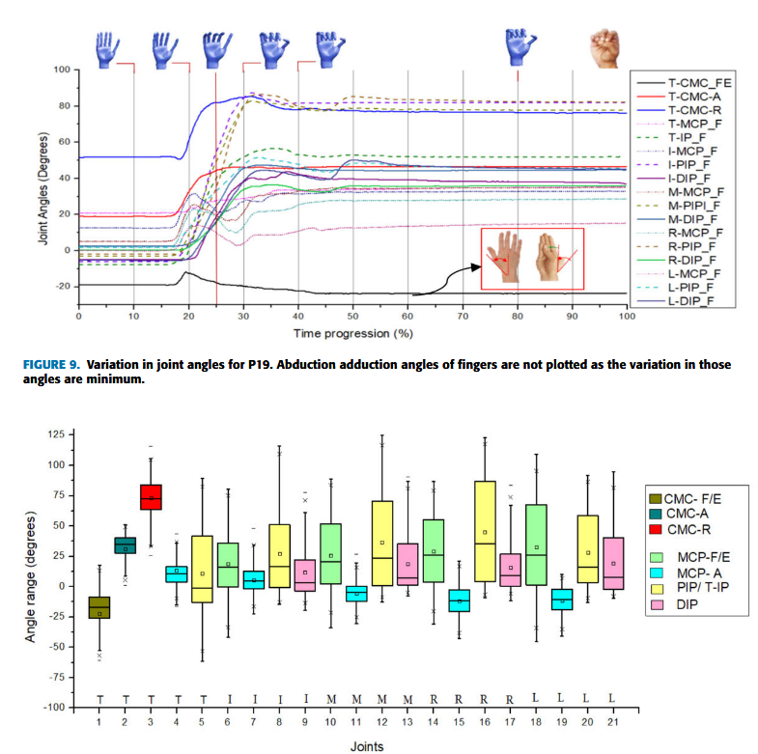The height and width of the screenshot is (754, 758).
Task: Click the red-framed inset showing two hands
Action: click(x=532, y=258)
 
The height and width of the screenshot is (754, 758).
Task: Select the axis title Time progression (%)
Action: click(x=351, y=333)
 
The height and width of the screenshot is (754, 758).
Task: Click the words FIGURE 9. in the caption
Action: click(x=51, y=365)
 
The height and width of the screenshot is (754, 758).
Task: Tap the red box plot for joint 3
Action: click(x=152, y=496)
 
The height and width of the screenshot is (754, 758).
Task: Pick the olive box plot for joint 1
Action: click(x=99, y=606)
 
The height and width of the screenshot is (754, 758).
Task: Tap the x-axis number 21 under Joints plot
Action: click(x=612, y=717)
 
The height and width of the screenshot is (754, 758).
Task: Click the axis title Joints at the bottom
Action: click(x=371, y=745)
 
